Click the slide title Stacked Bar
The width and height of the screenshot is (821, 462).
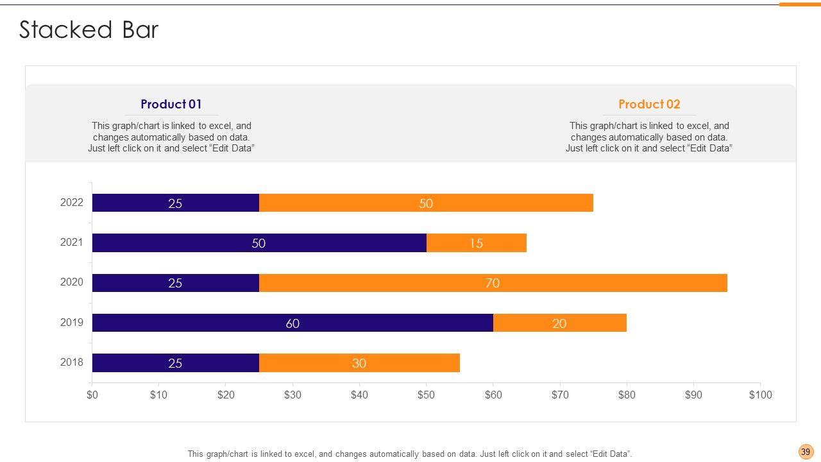point(89,30)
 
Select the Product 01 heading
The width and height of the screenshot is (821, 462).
point(171,104)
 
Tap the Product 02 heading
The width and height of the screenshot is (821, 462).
point(649,104)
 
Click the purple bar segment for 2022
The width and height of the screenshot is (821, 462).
point(175,203)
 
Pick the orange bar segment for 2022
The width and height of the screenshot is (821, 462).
point(426,203)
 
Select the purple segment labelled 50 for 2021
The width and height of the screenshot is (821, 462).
point(259,243)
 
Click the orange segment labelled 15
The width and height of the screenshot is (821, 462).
point(476,243)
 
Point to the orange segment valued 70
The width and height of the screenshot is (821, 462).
point(493,283)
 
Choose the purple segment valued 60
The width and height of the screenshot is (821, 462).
point(292,323)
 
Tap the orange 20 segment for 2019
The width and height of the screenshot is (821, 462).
point(559,323)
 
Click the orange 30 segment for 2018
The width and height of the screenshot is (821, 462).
point(359,363)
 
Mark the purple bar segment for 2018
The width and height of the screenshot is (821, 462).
point(175,363)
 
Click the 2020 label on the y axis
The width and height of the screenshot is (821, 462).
point(72,282)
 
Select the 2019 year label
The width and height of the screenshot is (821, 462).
point(72,322)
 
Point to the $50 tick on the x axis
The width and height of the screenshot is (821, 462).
point(426,395)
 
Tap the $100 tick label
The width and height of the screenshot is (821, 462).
point(760,395)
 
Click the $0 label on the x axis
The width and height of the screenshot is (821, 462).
point(92,395)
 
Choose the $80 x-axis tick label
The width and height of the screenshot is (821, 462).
point(627,395)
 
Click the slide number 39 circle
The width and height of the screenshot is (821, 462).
point(806,452)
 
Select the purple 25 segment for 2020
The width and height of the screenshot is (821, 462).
point(175,283)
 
